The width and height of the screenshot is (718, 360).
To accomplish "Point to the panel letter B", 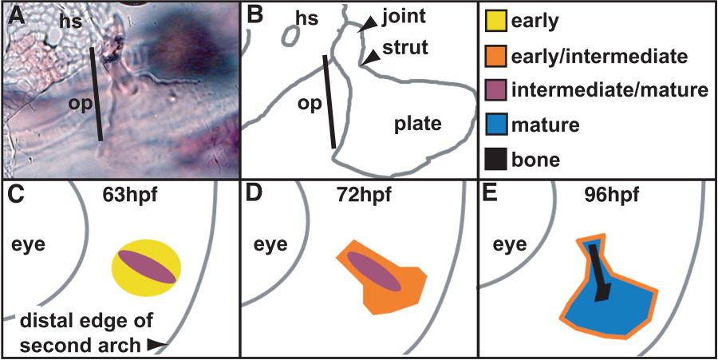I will click(x=256, y=16).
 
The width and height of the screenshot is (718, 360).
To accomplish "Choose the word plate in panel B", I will click(x=418, y=124).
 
